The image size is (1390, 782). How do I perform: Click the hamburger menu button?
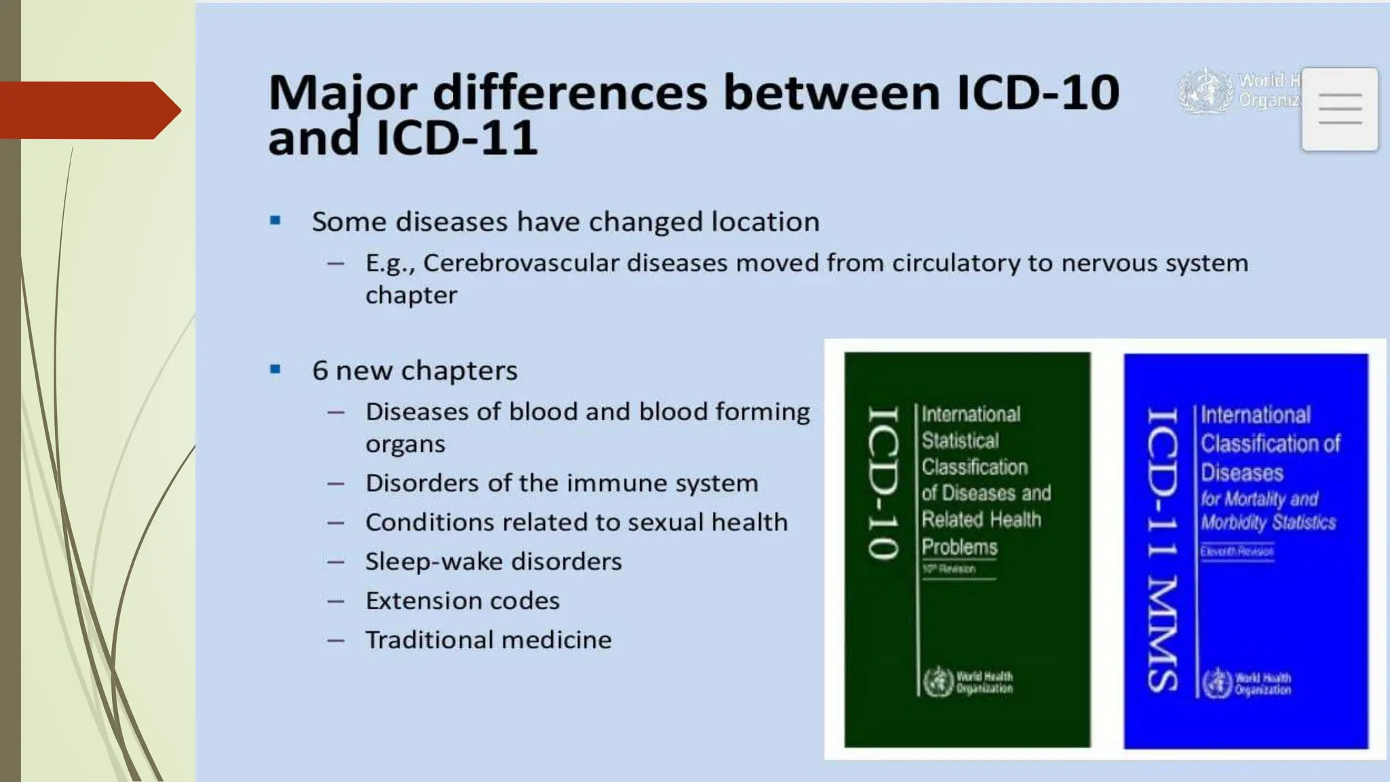pyautogui.click(x=1339, y=109)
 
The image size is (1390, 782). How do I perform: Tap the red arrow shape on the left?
pyautogui.click(x=88, y=111)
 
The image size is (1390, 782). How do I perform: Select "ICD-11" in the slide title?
pyautogui.click(x=457, y=138)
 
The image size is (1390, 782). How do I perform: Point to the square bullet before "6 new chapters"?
pyautogui.click(x=275, y=370)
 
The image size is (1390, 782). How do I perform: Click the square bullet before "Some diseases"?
pyautogui.click(x=275, y=221)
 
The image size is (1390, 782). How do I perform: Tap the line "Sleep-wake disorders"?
pyautogui.click(x=493, y=561)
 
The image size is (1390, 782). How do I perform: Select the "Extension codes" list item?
pyautogui.click(x=462, y=601)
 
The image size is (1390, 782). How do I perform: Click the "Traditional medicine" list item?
pyautogui.click(x=488, y=640)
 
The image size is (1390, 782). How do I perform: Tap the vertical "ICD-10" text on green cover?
pyautogui.click(x=884, y=483)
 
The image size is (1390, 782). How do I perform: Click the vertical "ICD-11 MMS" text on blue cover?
pyautogui.click(x=1162, y=550)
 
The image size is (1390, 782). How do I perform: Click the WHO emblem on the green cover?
pyautogui.click(x=939, y=682)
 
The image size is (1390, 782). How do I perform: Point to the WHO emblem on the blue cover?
pyautogui.click(x=1217, y=683)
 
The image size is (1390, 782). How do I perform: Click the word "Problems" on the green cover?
pyautogui.click(x=959, y=547)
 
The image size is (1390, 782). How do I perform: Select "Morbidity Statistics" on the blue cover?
pyautogui.click(x=1268, y=523)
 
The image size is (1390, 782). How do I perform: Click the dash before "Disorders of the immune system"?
pyautogui.click(x=335, y=484)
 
